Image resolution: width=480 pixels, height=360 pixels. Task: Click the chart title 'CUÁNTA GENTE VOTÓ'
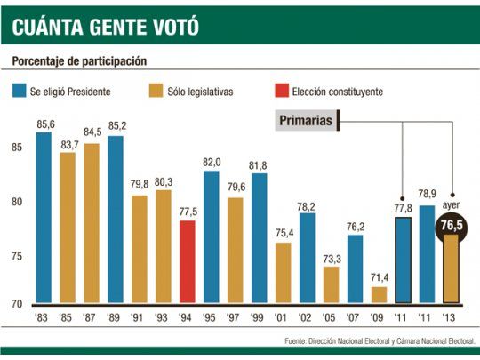pyautogui.click(x=104, y=27)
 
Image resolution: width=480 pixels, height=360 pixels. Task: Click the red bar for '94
pyautogui.click(x=187, y=262)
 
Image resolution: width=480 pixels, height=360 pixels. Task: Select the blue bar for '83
pyautogui.click(x=44, y=218)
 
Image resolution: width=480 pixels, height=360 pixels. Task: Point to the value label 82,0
pyautogui.click(x=211, y=163)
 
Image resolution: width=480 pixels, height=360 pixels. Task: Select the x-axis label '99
pyautogui.click(x=259, y=317)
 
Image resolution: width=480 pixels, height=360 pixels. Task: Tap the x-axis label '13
pyautogui.click(x=451, y=317)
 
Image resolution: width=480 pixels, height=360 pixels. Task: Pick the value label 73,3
pyautogui.click(x=331, y=259)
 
